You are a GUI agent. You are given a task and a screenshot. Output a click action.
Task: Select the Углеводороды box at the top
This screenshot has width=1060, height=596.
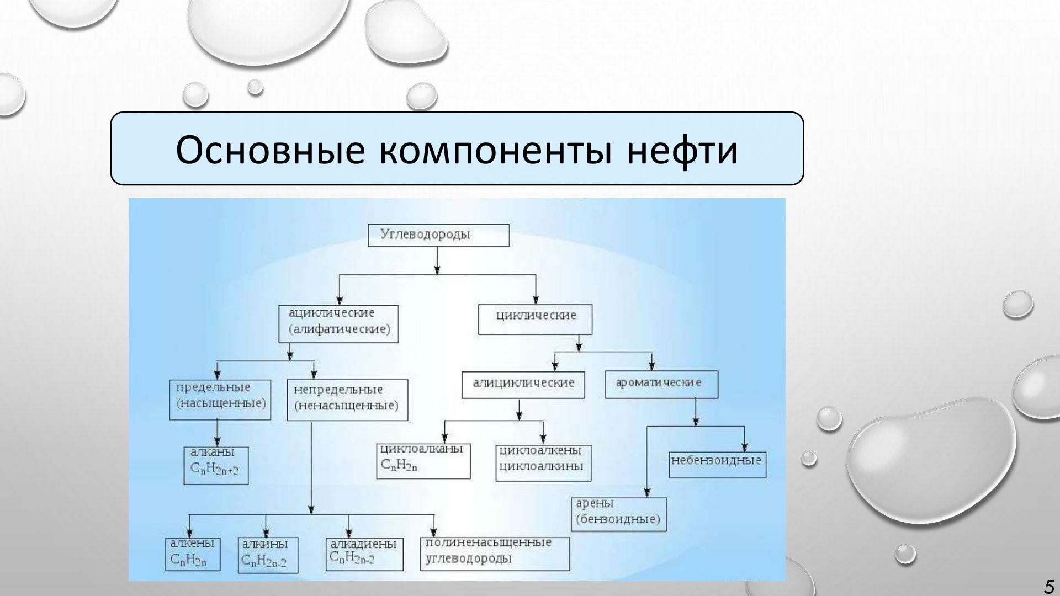pyautogui.click(x=438, y=235)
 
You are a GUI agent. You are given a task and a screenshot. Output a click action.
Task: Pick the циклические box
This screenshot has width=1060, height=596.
pyautogui.click(x=535, y=320)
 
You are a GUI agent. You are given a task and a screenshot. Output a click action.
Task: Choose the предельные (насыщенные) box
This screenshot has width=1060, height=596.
pyautogui.click(x=220, y=399)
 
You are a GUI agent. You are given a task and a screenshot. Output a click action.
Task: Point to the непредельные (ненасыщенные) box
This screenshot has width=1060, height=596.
pyautogui.click(x=347, y=400)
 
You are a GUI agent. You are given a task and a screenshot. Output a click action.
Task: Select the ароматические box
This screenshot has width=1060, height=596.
pyautogui.click(x=661, y=384)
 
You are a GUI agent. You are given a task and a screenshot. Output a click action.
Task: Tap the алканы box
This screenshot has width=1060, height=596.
pyautogui.click(x=216, y=465)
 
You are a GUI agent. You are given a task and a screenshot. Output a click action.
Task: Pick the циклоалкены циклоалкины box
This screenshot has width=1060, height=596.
pyautogui.click(x=543, y=462)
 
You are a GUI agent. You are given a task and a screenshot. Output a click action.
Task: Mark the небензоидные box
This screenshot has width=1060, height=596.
pyautogui.click(x=718, y=465)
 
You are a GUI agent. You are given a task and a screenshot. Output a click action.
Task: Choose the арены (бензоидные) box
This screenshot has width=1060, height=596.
pyautogui.click(x=618, y=514)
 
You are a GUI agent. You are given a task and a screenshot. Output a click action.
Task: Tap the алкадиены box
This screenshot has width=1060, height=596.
pyautogui.click(x=363, y=554)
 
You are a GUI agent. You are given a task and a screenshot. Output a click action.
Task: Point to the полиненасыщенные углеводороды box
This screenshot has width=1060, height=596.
pyautogui.click(x=495, y=553)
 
